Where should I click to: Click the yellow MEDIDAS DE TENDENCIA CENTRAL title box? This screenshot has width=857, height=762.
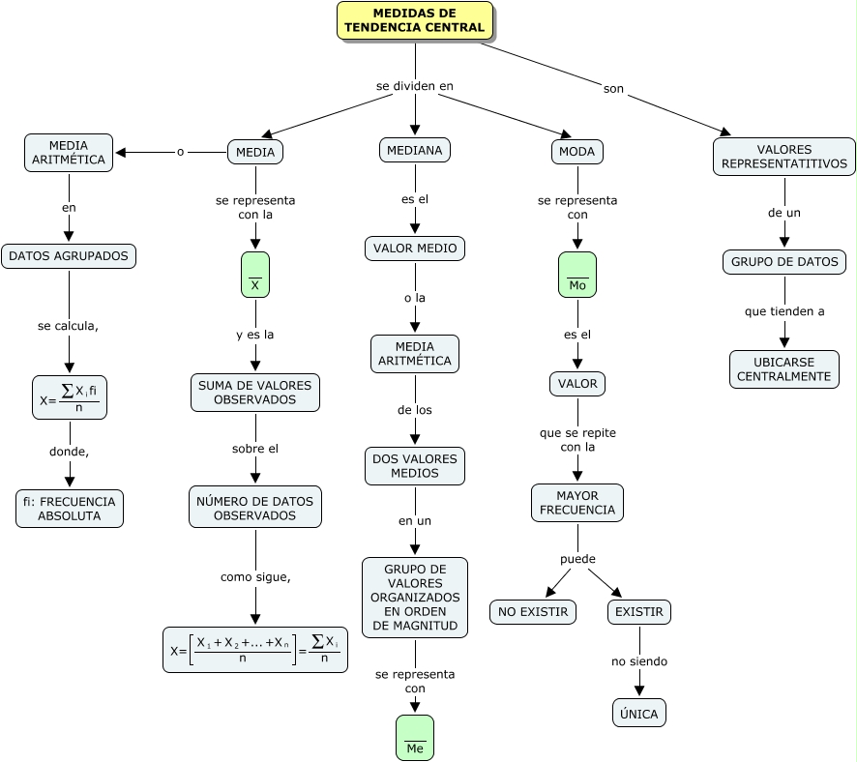[x=415, y=20]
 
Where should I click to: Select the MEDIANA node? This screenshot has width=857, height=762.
[x=415, y=150]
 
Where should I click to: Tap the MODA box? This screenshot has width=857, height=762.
[x=577, y=151]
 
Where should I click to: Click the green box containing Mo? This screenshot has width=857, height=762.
[x=577, y=275]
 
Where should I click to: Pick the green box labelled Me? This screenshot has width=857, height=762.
[x=415, y=738]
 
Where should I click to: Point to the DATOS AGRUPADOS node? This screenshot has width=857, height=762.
[x=69, y=256]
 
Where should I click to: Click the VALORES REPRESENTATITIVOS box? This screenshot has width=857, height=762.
[x=784, y=157]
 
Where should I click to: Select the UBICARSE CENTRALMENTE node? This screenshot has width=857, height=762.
[x=784, y=369]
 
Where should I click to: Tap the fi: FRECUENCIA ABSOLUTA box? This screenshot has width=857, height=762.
[x=70, y=509]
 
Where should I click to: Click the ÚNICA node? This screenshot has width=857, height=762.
[x=639, y=713]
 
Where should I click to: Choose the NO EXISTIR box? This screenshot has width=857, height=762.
[x=533, y=612]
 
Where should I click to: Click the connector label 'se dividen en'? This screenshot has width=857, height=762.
[x=415, y=86]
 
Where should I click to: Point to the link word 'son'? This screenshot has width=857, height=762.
[x=613, y=89]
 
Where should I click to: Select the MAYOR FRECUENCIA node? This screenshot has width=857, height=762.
[x=577, y=503]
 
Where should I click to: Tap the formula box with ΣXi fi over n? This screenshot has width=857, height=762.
[x=70, y=397]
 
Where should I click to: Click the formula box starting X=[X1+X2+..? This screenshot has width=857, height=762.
[x=255, y=650]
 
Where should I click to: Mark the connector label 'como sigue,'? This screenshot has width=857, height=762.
[x=255, y=577]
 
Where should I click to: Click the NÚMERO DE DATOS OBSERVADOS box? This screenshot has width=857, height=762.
[x=255, y=508]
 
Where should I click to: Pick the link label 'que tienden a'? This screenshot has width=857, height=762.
[x=784, y=311]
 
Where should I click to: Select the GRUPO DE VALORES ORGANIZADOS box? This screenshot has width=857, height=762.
[x=415, y=598]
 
